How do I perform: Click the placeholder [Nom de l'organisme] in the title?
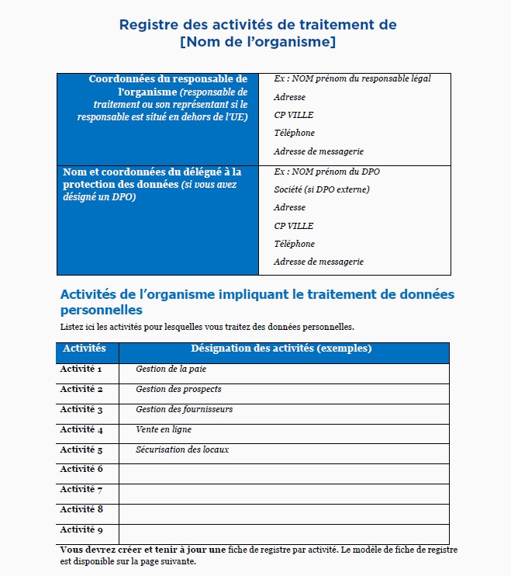click(257, 42)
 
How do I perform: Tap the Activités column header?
click(84, 349)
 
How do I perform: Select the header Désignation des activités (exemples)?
click(281, 349)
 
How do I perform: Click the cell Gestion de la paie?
click(171, 370)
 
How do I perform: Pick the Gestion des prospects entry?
click(178, 390)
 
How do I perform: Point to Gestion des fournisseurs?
click(184, 410)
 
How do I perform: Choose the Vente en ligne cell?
click(163, 430)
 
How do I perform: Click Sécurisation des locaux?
click(182, 450)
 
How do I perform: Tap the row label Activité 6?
click(81, 470)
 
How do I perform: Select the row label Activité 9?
click(81, 530)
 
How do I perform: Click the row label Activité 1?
click(81, 370)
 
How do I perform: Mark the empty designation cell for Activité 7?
click(284, 491)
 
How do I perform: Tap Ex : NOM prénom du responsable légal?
click(352, 79)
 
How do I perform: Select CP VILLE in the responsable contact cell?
click(293, 116)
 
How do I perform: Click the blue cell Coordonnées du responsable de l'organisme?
click(157, 98)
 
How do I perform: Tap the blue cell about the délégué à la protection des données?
click(157, 184)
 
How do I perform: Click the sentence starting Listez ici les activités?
click(207, 326)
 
